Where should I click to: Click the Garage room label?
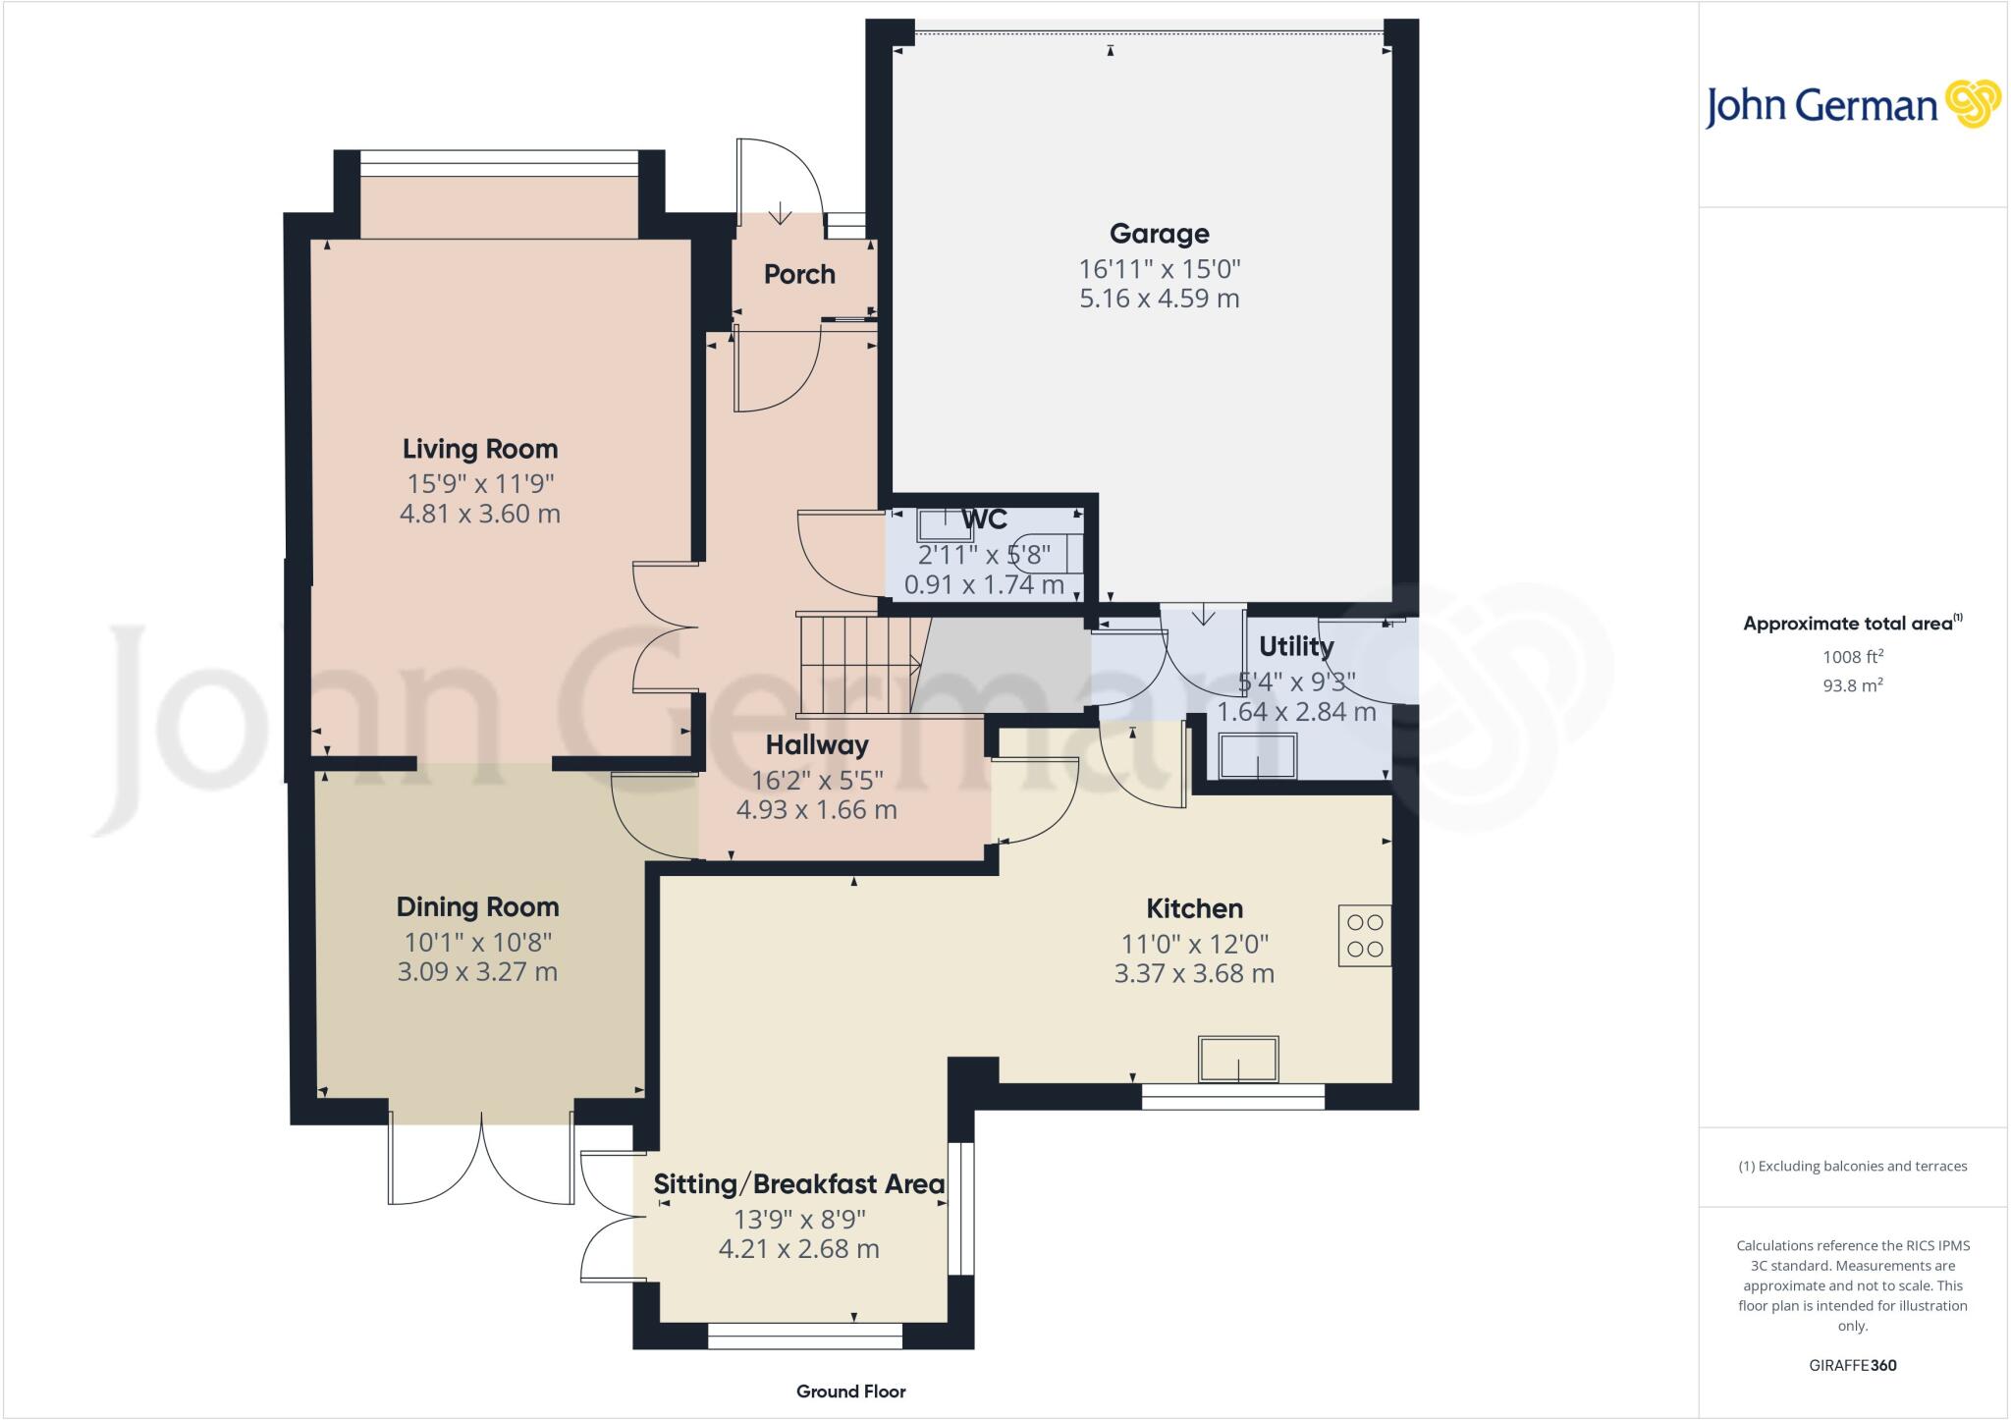[x=1159, y=234]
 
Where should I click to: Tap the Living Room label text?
[x=480, y=449]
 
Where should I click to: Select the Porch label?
[x=799, y=274]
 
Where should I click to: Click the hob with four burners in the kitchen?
[x=1365, y=936]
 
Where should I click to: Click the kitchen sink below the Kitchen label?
[x=1238, y=1060]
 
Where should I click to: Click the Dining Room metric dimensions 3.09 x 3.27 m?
[x=477, y=972]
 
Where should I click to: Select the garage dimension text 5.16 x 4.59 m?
[x=1159, y=299]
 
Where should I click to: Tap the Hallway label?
[x=817, y=745]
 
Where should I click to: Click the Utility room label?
[x=1296, y=646]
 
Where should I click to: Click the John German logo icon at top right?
[x=1972, y=104]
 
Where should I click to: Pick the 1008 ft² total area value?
[x=1852, y=657]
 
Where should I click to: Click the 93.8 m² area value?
[x=1852, y=685]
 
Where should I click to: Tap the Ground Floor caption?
[x=850, y=1392]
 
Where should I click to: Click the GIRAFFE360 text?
[x=1852, y=1365]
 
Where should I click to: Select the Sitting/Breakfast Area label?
[x=798, y=1184]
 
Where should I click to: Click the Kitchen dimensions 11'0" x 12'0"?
[x=1194, y=945]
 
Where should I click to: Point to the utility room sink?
[x=1257, y=756]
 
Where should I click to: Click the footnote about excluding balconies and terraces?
[x=1852, y=1167]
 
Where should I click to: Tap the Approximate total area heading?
[x=1850, y=624]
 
